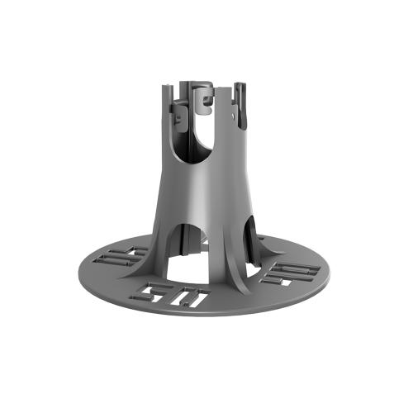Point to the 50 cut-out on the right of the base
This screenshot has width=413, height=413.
294,273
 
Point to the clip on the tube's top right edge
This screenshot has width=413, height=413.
240,103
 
